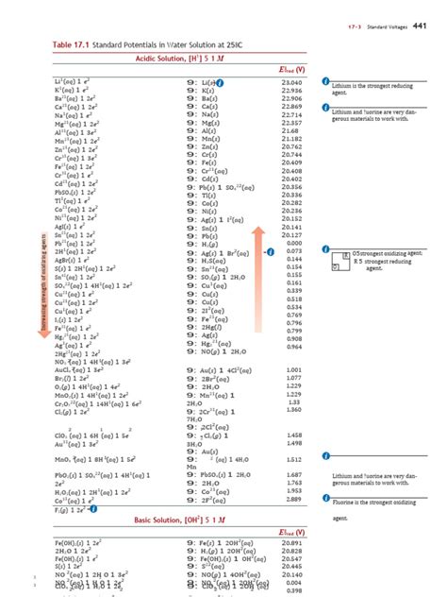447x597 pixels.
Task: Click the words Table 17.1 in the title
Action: click(x=83, y=46)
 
